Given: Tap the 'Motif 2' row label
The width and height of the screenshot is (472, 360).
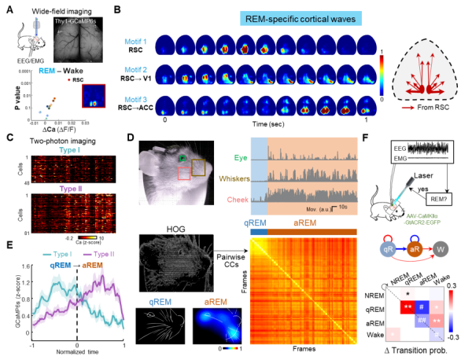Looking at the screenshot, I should [135, 71].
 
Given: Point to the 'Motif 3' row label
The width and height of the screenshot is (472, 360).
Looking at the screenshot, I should [135, 100].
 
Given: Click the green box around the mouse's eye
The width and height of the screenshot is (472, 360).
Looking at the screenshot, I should [182, 159].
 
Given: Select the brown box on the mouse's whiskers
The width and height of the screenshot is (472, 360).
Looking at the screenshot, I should [197, 167].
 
